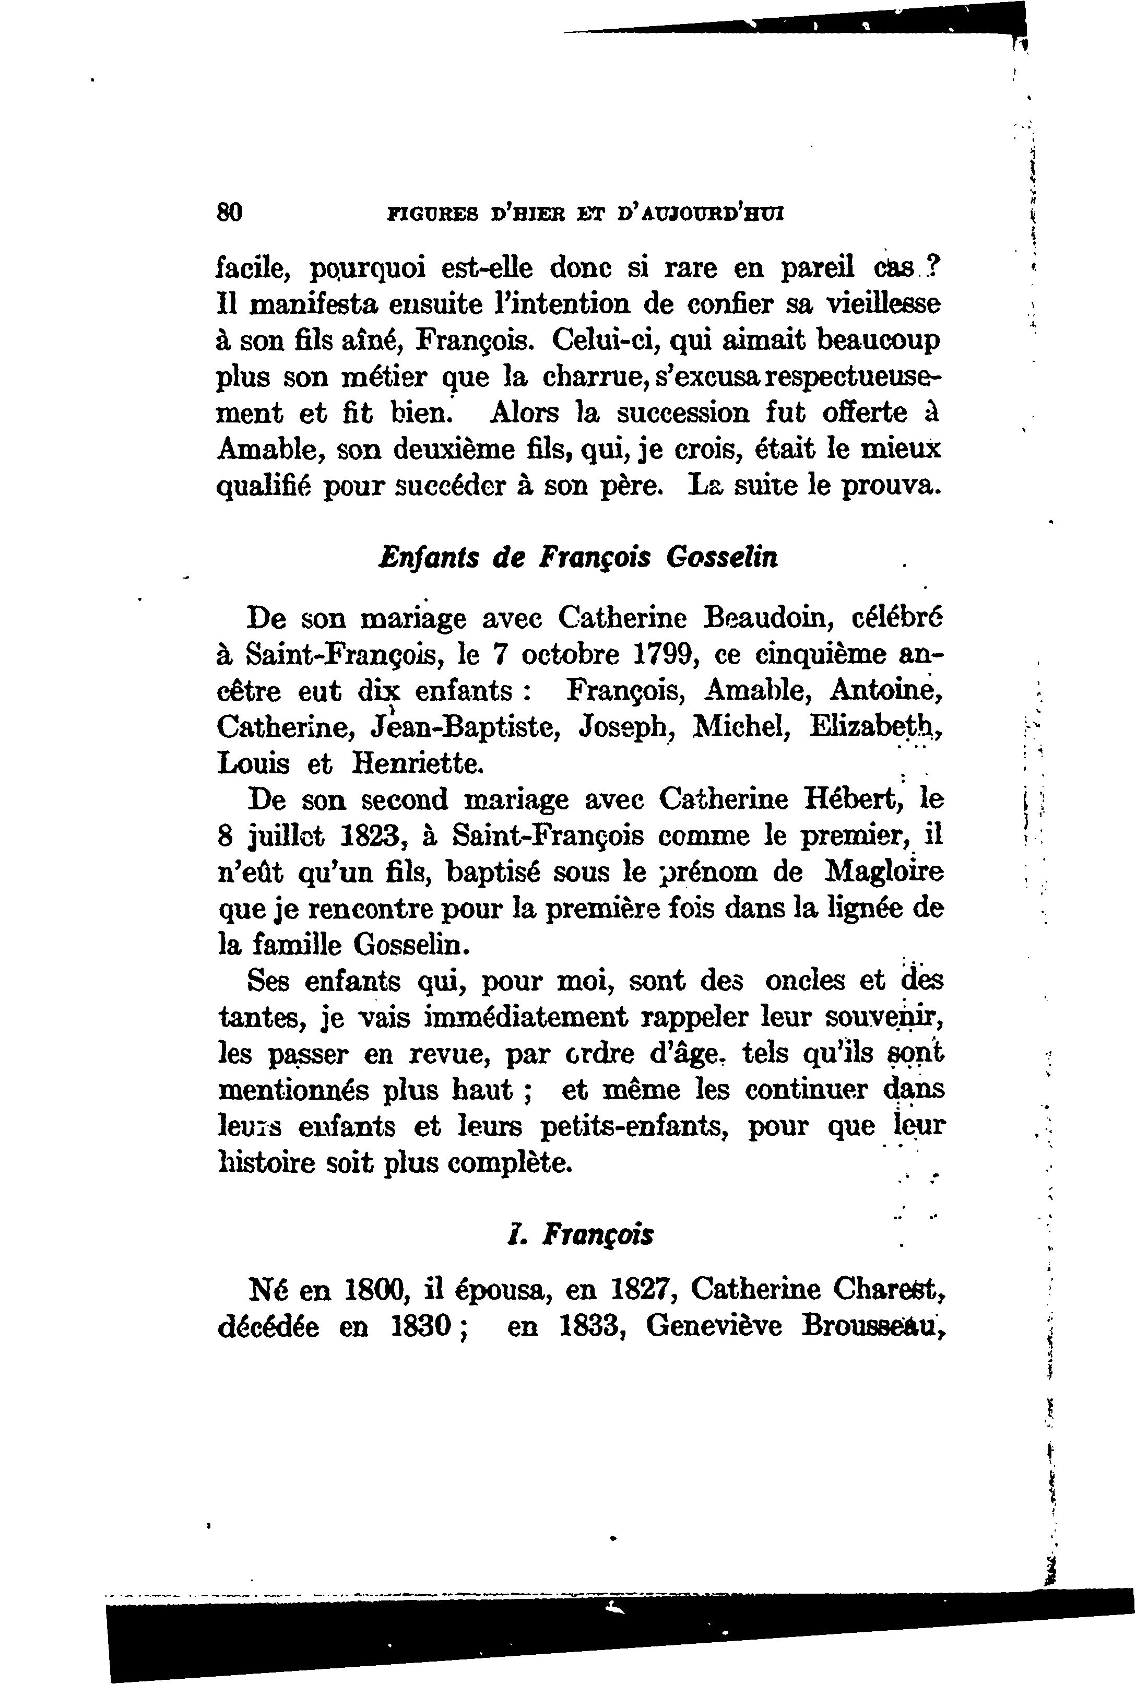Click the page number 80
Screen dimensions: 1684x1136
coord(230,213)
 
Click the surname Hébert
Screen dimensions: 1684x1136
coord(853,799)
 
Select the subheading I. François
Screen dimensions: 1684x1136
coord(579,1235)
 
